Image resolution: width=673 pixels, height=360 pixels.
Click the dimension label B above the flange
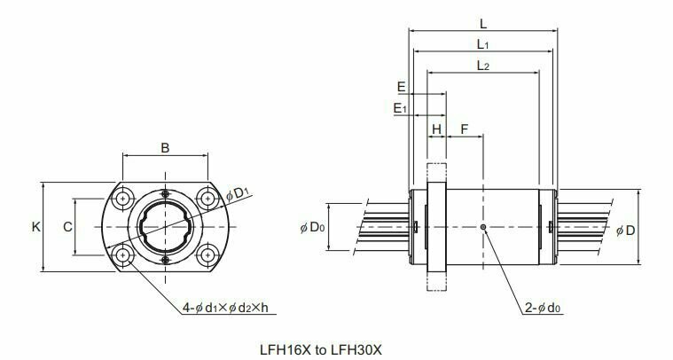(165, 148)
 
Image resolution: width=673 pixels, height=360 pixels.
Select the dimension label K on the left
(35, 227)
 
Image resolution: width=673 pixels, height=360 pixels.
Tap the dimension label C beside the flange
(67, 227)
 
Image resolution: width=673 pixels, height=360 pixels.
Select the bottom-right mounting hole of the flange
(207, 255)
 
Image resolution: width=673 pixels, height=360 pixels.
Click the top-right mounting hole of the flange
(207, 198)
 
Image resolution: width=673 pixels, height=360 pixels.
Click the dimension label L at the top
(481, 25)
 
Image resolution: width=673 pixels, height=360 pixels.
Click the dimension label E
(402, 87)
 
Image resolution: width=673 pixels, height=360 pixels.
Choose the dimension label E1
(401, 108)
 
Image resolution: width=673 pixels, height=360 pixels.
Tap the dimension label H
(436, 129)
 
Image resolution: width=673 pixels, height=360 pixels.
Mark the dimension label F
(465, 129)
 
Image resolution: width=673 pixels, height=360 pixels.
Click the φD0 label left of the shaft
(311, 228)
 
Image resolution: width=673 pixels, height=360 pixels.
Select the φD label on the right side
(625, 231)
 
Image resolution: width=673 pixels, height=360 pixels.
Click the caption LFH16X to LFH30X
(336, 348)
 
